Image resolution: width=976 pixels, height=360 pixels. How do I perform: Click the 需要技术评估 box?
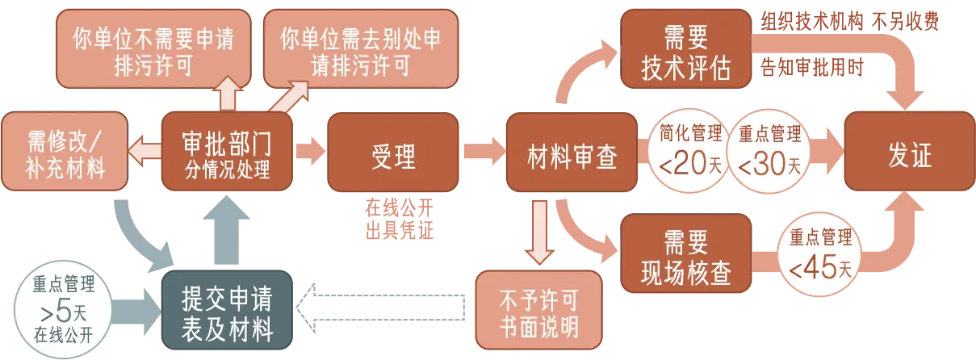pyautogui.click(x=685, y=50)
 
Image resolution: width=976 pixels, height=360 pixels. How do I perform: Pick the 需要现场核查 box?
pyautogui.click(x=685, y=257)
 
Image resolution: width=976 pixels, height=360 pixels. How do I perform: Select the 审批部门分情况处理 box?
pyautogui.click(x=227, y=153)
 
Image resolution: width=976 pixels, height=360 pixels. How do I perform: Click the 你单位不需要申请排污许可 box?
pyautogui.click(x=153, y=50)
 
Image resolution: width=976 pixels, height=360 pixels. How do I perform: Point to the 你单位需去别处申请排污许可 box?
pyautogui.click(x=361, y=50)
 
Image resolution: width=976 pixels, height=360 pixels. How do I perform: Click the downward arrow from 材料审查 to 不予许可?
pyautogui.click(x=538, y=230)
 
